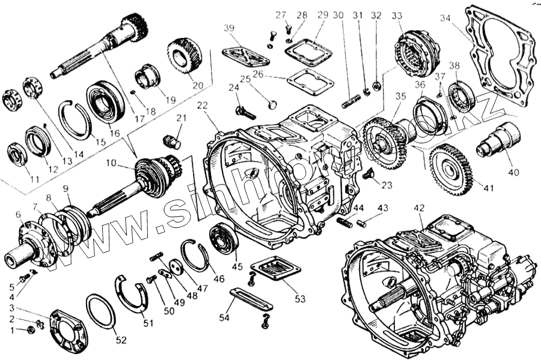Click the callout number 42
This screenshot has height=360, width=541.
coord(419,208)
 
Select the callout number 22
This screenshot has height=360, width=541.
coord(202,105)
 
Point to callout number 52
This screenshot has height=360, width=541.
coord(121,340)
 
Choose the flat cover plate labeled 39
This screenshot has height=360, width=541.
coord(245,55)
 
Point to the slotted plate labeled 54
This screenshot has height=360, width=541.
coord(251,298)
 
